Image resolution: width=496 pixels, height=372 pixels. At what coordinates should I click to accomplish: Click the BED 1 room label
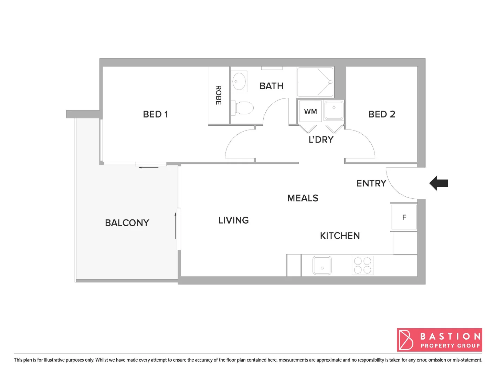click(155, 114)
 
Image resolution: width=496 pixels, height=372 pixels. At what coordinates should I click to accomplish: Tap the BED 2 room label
click(381, 114)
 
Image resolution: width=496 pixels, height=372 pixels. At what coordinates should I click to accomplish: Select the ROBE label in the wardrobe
click(218, 95)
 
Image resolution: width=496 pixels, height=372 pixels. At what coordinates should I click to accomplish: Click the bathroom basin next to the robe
click(239, 82)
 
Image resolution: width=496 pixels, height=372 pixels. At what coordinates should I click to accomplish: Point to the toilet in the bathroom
click(244, 108)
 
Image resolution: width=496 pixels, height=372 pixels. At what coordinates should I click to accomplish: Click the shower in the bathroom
click(315, 82)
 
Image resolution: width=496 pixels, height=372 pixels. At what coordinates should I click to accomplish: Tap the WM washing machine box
click(310, 111)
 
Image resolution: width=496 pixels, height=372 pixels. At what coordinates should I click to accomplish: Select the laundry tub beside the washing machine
click(334, 110)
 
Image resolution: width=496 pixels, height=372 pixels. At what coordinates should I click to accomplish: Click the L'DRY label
click(321, 140)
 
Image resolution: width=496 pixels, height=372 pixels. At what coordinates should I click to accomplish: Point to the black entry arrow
click(439, 183)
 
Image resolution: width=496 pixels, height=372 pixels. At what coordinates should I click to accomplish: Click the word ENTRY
click(371, 183)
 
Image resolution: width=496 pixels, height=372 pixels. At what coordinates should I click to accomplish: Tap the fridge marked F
click(404, 217)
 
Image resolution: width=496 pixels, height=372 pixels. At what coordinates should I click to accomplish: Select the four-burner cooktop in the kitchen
click(362, 265)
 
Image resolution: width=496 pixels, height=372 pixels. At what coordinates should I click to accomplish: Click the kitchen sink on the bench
click(322, 265)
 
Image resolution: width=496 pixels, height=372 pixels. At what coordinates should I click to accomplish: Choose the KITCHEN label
click(340, 236)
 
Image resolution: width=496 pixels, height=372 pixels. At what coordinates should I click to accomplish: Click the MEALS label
click(303, 198)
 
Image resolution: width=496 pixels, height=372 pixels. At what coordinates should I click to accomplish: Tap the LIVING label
click(233, 220)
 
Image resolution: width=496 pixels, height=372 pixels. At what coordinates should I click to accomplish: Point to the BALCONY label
click(127, 223)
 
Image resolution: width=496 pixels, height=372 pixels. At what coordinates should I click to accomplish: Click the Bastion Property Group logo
click(439, 340)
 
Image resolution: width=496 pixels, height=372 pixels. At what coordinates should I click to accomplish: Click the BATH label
click(272, 86)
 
